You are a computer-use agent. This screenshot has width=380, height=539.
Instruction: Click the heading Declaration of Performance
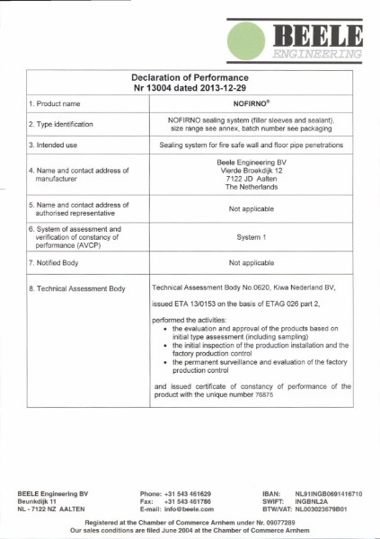tap(190, 78)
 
